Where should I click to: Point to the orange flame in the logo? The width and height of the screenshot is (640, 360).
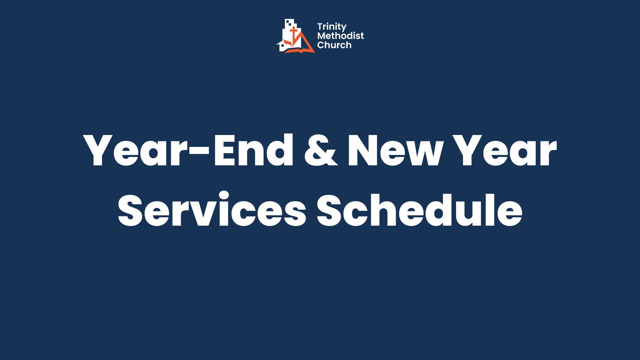tap(287, 43)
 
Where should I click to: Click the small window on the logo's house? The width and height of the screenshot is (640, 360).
tap(282, 45)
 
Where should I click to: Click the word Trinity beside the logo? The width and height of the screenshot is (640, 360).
tap(332, 27)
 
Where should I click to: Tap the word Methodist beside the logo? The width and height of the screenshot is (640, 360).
tap(340, 36)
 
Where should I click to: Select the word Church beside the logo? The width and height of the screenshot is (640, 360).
tap(334, 45)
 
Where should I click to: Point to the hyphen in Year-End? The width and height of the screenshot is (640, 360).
tap(201, 153)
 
